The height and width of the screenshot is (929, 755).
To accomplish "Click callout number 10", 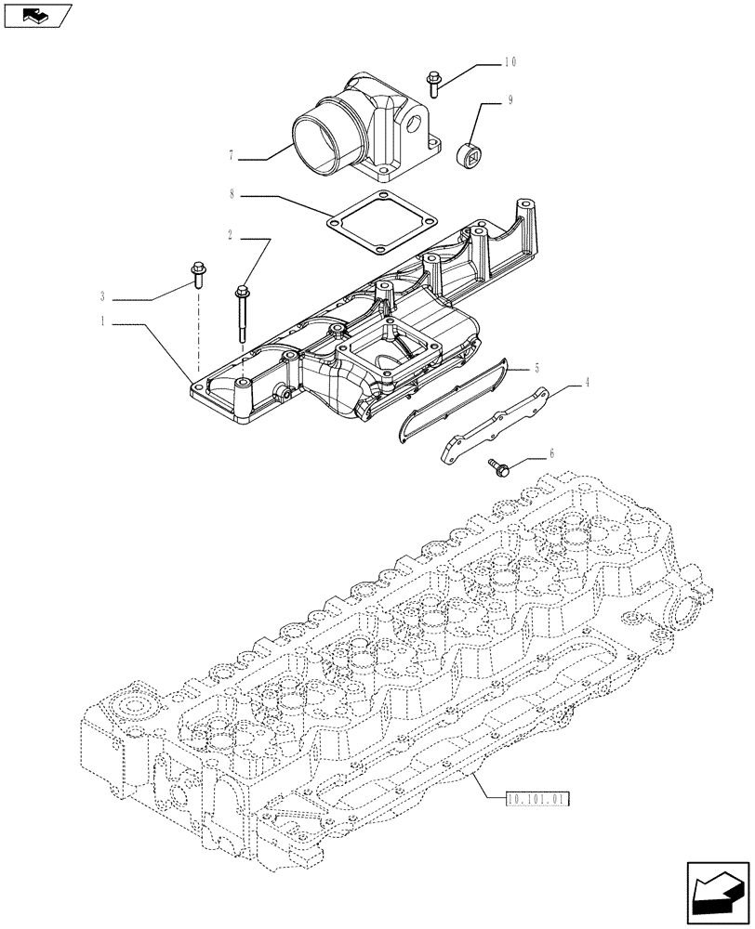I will tap(510, 62).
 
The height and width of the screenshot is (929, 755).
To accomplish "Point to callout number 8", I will tap(232, 195).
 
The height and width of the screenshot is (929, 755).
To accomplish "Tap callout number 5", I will tap(536, 369).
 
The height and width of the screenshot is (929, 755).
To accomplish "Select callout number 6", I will tap(551, 453).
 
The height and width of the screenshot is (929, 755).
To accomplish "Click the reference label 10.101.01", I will tap(537, 798).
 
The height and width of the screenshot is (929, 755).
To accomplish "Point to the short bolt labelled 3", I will tap(197, 274).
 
